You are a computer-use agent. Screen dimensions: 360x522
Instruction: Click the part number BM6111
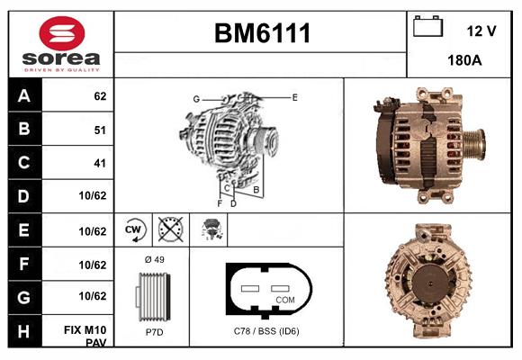pyautogui.click(x=262, y=34)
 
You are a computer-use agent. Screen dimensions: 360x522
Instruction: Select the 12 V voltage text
pyautogui.click(x=481, y=31)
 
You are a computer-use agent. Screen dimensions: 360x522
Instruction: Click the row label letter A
pyautogui.click(x=24, y=96)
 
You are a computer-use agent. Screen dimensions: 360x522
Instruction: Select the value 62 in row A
pyautogui.click(x=100, y=96)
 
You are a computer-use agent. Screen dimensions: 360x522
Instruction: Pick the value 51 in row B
pyautogui.click(x=100, y=130)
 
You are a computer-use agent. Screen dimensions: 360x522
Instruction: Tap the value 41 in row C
pyautogui.click(x=100, y=164)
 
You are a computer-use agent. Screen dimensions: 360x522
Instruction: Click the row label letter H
pyautogui.click(x=24, y=331)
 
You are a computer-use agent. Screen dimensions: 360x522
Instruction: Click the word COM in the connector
pyautogui.click(x=285, y=299)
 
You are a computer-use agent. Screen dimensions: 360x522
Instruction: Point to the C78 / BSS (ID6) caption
pyautogui.click(x=266, y=332)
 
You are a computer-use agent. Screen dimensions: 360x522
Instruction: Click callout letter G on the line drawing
pyautogui.click(x=195, y=98)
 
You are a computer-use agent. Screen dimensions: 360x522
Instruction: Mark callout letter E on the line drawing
pyautogui.click(x=294, y=96)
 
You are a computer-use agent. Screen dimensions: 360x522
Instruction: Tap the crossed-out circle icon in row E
pyautogui.click(x=169, y=229)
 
